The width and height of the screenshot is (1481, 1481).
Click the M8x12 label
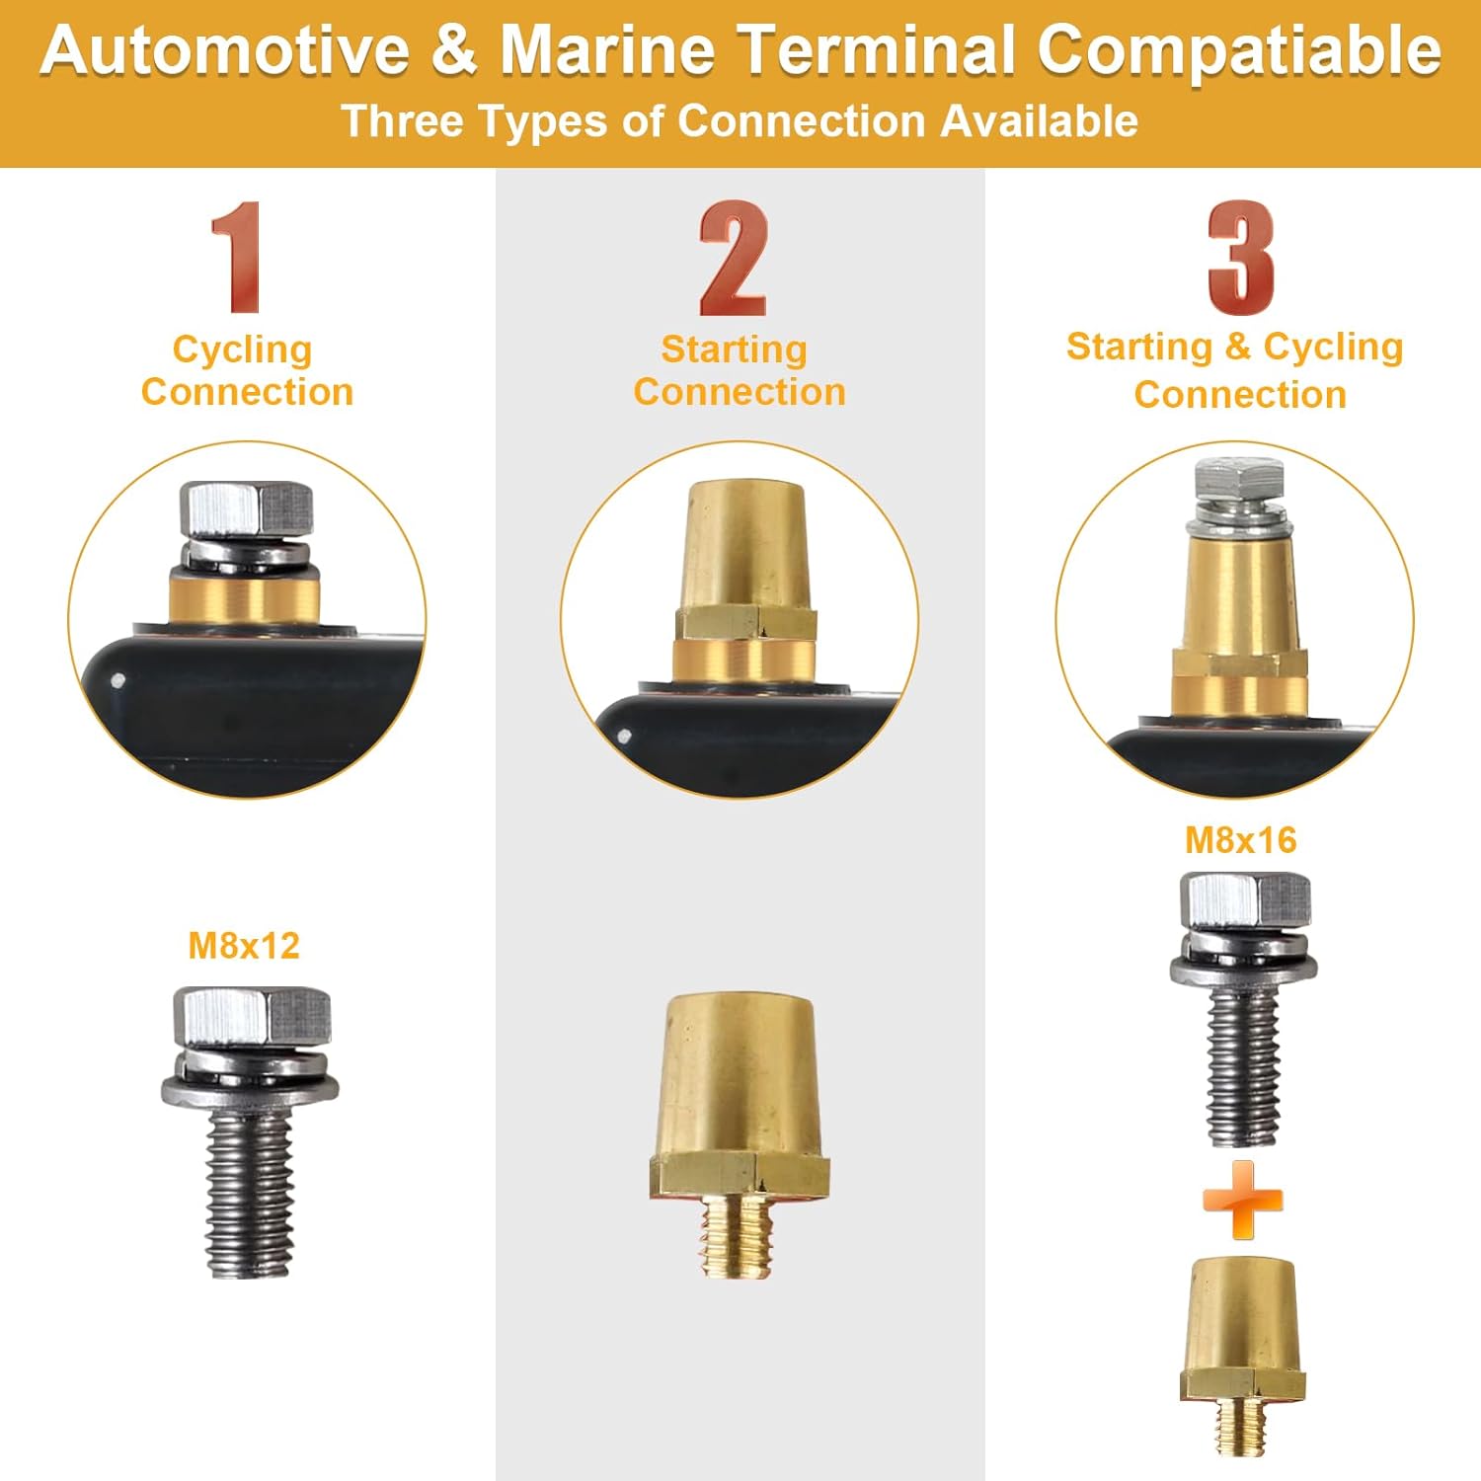tap(244, 946)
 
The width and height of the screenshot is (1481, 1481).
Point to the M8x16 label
tap(1240, 840)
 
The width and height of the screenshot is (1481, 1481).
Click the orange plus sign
tap(1242, 1200)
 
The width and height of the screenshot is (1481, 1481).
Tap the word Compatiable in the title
tap(1239, 51)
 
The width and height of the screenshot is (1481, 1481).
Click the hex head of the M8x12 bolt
tap(252, 1017)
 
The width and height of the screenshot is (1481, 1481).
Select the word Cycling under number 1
tap(242, 351)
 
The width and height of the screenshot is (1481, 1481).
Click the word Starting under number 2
tap(734, 349)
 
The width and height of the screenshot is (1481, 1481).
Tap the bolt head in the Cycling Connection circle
tap(247, 509)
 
